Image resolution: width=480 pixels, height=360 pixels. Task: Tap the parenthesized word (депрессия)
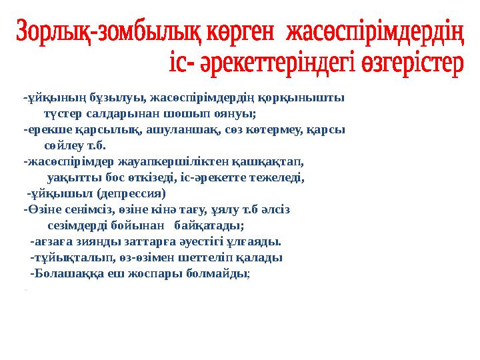click(x=130, y=194)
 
